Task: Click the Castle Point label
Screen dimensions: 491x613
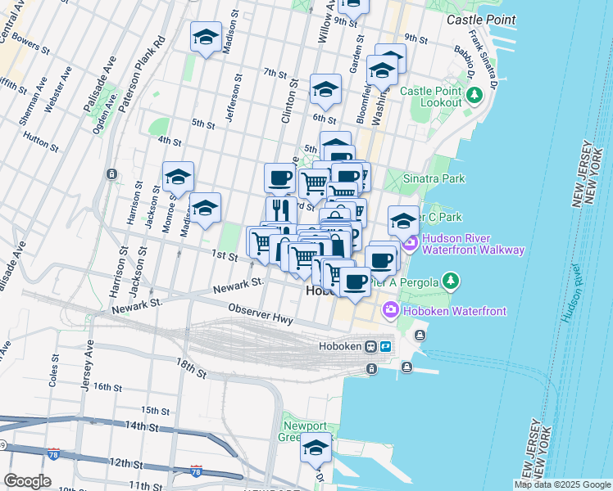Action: pyautogui.click(x=481, y=19)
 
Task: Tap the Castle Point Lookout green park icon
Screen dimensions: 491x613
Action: pyautogui.click(x=474, y=97)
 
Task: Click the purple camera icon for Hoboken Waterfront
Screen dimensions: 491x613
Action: pyautogui.click(x=390, y=310)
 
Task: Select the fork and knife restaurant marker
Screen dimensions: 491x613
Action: pyautogui.click(x=280, y=209)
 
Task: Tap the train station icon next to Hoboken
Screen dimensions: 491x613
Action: pyautogui.click(x=370, y=346)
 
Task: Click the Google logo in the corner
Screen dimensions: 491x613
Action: pyautogui.click(x=27, y=480)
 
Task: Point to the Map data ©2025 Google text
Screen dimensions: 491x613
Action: pyautogui.click(x=562, y=484)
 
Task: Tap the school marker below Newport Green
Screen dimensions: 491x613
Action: pyautogui.click(x=316, y=448)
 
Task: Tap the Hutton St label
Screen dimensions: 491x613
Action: pyautogui.click(x=41, y=140)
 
